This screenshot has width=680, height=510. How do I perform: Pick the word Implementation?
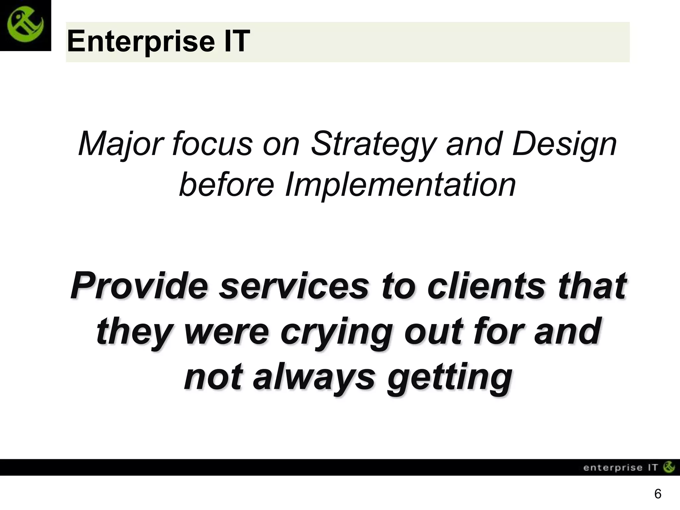(400, 185)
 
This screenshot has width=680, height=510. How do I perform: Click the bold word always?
(314, 378)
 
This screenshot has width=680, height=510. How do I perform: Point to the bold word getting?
(450, 378)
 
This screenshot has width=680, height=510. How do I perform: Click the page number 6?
(657, 494)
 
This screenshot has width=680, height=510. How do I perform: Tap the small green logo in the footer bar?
(669, 467)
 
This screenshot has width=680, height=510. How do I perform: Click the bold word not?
(212, 378)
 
